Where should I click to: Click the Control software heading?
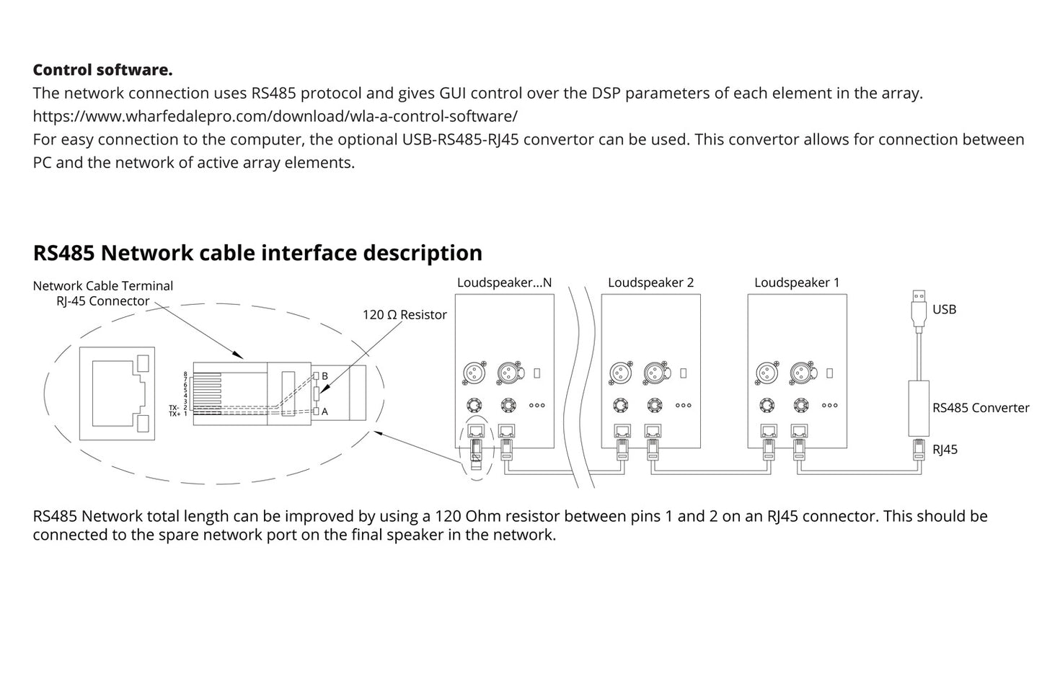(x=102, y=70)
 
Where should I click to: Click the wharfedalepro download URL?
(x=275, y=116)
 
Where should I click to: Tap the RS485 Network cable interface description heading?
(x=257, y=253)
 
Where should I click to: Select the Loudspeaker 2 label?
(x=650, y=283)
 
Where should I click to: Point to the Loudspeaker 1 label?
(x=797, y=283)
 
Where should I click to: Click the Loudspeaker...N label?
(x=504, y=283)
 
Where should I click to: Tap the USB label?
(x=944, y=309)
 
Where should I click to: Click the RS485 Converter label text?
(x=981, y=408)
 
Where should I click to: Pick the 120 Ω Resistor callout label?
(x=405, y=315)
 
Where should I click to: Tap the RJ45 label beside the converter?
(x=945, y=450)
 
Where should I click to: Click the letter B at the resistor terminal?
(x=325, y=376)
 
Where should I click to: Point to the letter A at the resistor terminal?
(x=325, y=411)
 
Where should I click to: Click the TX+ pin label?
(x=174, y=414)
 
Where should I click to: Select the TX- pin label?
(x=174, y=408)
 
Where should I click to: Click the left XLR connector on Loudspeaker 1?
(x=764, y=373)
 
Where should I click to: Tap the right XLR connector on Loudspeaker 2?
(x=654, y=373)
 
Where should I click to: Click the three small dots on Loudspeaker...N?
(x=537, y=406)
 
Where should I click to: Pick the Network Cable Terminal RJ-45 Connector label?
(x=103, y=293)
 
